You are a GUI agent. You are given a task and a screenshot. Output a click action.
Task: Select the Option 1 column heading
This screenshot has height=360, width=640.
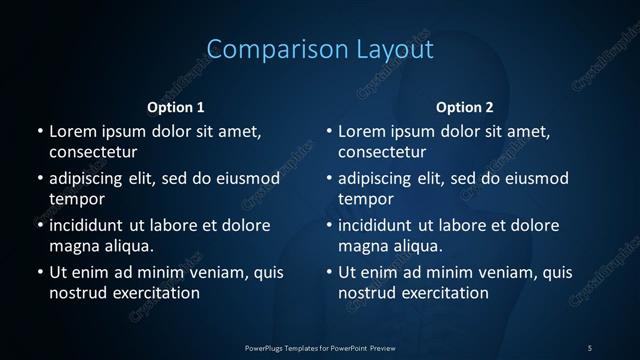[176, 107]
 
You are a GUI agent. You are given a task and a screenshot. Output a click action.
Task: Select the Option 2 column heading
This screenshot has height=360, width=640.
[465, 107]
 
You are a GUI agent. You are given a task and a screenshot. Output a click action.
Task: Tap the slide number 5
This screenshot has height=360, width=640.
[590, 347]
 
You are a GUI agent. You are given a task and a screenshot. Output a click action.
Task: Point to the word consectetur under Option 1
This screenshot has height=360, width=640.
[92, 153]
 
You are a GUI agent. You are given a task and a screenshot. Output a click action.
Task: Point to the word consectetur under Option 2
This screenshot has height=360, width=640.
[382, 153]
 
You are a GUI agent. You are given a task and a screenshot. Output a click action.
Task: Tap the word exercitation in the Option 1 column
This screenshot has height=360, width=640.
[154, 293]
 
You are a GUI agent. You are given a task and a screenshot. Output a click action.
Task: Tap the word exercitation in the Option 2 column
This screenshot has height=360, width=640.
[444, 293]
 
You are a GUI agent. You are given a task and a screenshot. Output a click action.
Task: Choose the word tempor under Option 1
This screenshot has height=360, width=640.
[76, 199]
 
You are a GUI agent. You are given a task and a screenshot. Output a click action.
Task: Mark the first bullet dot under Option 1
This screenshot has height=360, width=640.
[39, 131]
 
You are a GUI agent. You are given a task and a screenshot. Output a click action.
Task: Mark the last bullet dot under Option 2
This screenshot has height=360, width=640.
[329, 272]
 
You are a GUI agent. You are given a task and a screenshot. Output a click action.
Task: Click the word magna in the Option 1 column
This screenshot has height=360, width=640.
[71, 246]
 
